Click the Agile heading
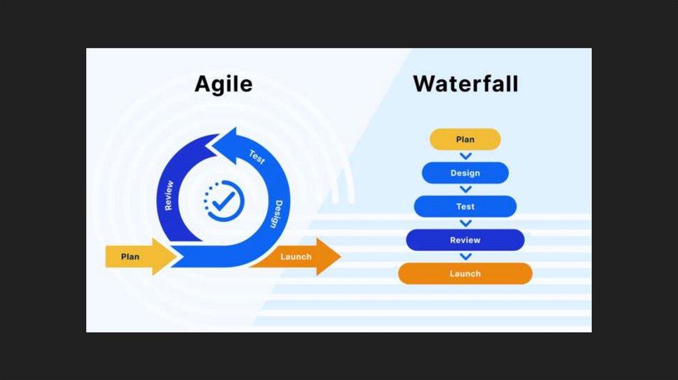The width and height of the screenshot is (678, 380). tap(223, 85)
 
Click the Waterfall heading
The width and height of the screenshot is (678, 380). tap(465, 85)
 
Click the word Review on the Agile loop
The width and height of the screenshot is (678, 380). tap(169, 195)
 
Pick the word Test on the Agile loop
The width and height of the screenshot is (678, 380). tap(257, 157)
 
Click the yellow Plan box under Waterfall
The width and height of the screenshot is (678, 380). tap(465, 140)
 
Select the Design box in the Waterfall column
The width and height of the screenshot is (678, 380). tap(465, 173)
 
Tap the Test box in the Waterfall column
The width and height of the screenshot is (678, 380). tap(465, 207)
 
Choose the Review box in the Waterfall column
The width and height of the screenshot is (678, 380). tap(465, 240)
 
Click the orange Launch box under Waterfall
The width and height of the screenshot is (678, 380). tap(465, 273)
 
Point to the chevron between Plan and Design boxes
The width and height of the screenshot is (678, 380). tap(465, 156)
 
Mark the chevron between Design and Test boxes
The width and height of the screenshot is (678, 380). tap(465, 189)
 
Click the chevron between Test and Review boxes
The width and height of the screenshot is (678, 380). tap(465, 223)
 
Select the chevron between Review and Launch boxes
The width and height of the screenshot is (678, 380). tap(465, 256)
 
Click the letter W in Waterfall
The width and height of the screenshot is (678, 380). tap(426, 85)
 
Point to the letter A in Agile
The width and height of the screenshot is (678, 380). tap(203, 85)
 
